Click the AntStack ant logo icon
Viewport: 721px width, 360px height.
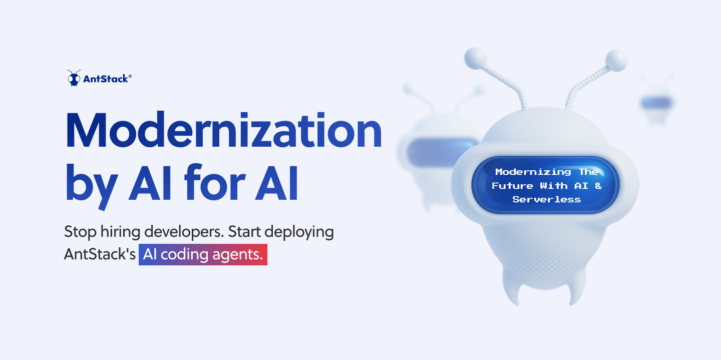pos(74,78)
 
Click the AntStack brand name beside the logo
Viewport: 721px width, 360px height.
pos(107,78)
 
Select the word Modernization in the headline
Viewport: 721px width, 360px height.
pos(223,131)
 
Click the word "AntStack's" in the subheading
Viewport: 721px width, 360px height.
pos(100,254)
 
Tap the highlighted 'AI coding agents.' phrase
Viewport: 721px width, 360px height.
pos(203,255)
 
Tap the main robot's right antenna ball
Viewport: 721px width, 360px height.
pos(616,60)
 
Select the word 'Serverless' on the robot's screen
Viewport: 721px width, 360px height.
pos(547,199)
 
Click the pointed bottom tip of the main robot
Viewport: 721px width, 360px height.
pos(570,300)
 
